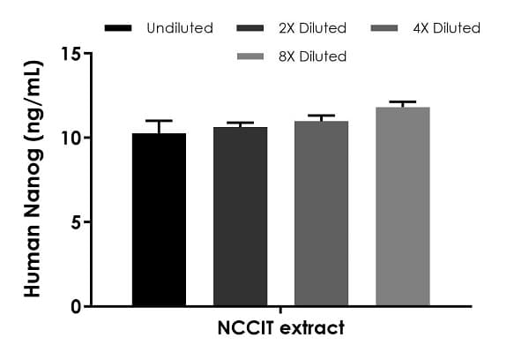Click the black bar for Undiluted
(x=160, y=220)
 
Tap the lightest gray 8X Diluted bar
(x=402, y=206)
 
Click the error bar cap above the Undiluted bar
(x=160, y=121)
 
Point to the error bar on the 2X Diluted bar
(x=240, y=124)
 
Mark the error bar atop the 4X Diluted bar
(x=321, y=116)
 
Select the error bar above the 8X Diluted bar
(x=402, y=102)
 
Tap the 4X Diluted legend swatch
(x=386, y=28)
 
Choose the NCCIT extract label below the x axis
(x=280, y=328)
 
